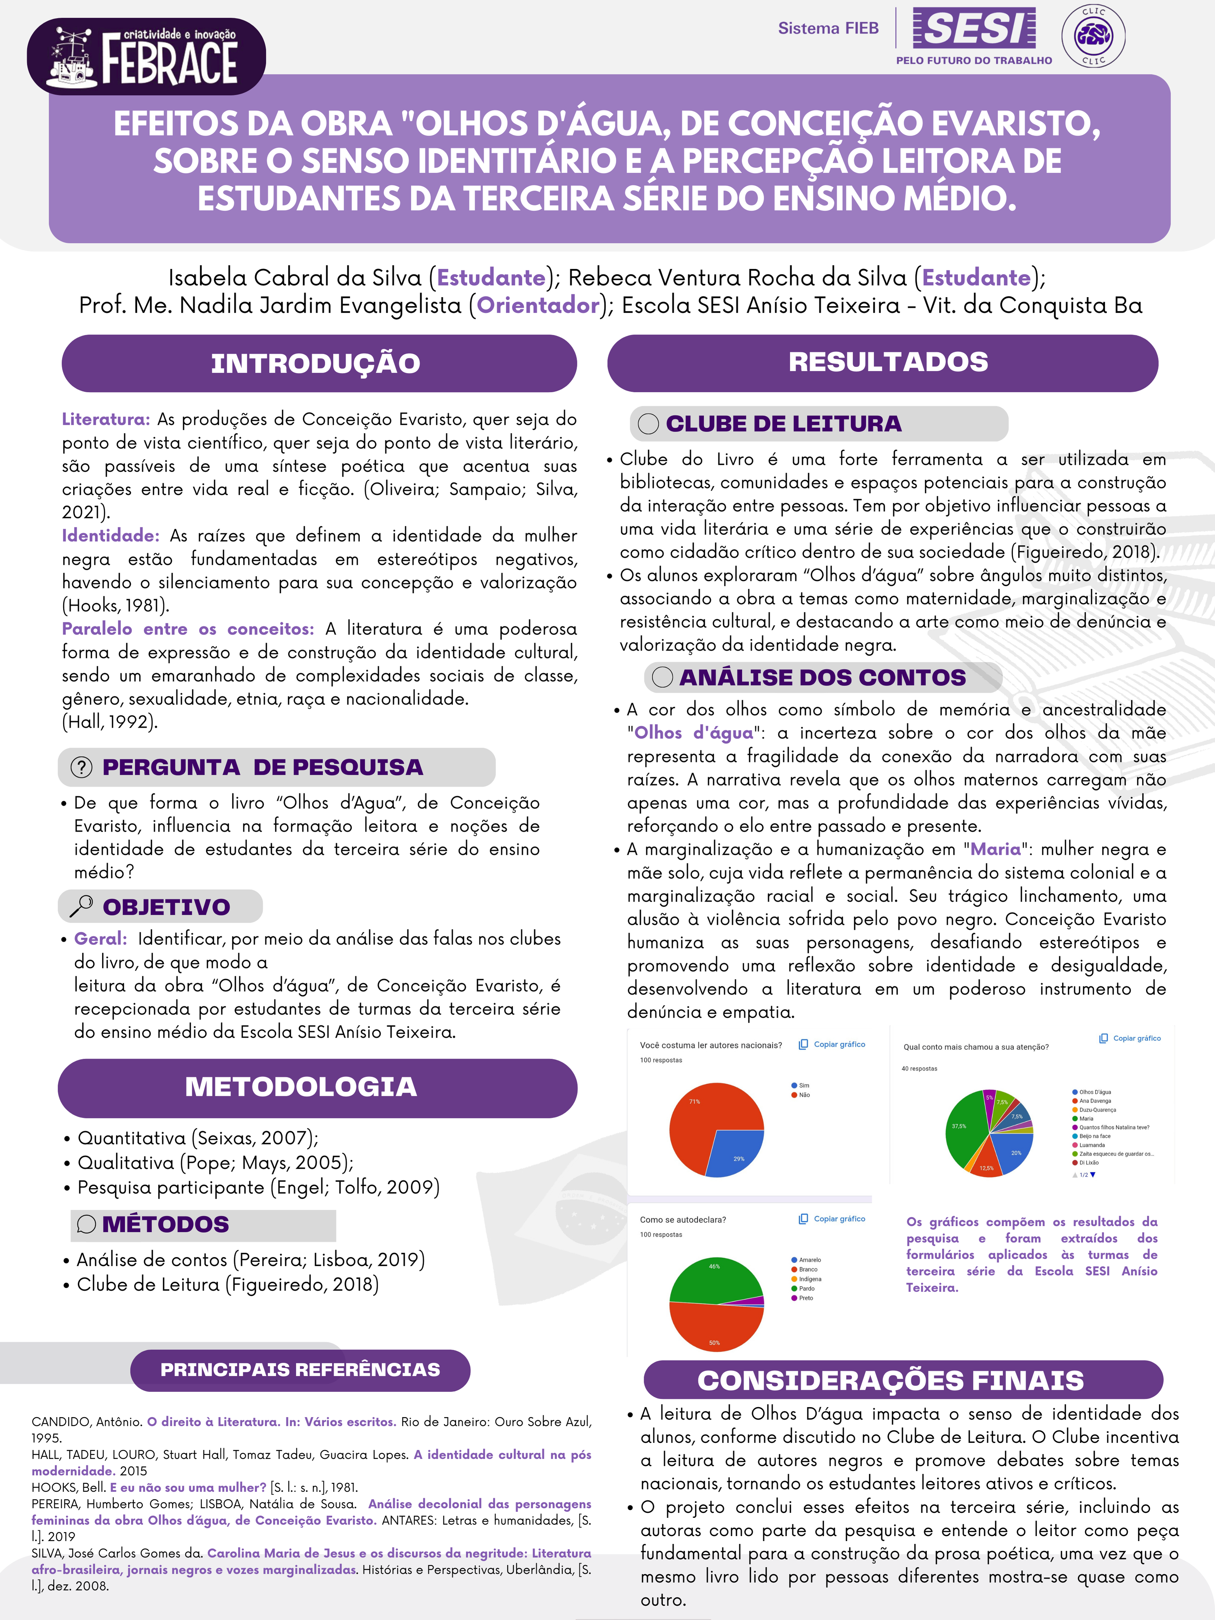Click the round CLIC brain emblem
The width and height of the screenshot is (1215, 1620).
pos(1094,35)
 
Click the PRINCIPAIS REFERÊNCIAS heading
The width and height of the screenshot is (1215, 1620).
pos(300,1370)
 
